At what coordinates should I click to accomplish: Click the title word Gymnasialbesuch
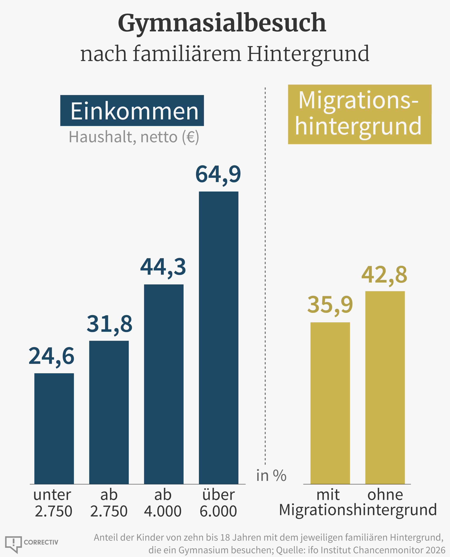coord(222,23)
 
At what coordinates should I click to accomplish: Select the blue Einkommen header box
coord(132,111)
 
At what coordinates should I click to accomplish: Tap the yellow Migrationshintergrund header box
coord(360,114)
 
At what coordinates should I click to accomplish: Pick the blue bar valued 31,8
coord(109,412)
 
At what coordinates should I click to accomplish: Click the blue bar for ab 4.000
coord(164,384)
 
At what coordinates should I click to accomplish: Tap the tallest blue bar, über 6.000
coord(218,338)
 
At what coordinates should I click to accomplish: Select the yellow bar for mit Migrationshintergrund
coord(330,403)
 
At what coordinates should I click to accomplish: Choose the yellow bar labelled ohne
coord(385,387)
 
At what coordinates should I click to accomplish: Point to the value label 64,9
coord(218,174)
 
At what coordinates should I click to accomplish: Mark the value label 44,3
coord(163,267)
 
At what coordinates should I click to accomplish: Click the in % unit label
coord(271,476)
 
